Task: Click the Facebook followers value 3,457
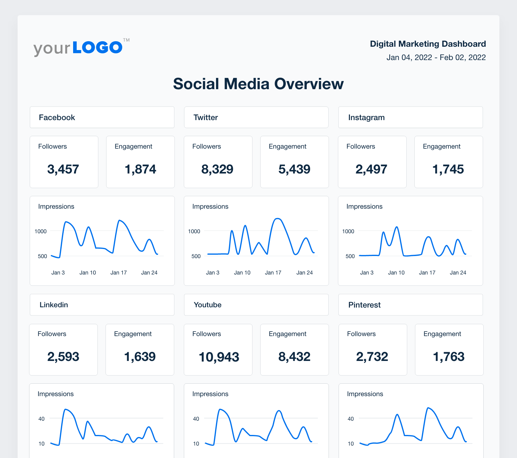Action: [x=63, y=169]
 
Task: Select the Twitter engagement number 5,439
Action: [x=294, y=169]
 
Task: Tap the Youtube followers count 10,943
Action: [x=219, y=357]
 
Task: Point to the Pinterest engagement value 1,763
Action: [x=448, y=357]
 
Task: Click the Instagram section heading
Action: [x=366, y=117]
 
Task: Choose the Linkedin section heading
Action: [x=54, y=305]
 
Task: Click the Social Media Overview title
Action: [x=258, y=84]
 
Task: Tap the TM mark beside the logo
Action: [x=126, y=40]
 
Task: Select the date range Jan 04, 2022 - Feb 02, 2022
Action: [x=436, y=57]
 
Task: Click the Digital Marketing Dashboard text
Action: [x=428, y=44]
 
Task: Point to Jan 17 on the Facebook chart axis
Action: [x=118, y=273]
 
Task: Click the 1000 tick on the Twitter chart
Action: [x=194, y=231]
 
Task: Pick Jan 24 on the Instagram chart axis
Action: [x=458, y=273]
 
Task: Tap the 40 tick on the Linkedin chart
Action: [x=41, y=419]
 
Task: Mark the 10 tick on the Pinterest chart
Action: [x=350, y=444]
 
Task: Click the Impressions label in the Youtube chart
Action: [x=210, y=394]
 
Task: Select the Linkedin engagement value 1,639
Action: [x=140, y=357]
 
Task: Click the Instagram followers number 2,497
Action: [x=371, y=169]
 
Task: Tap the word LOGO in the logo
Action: [x=97, y=48]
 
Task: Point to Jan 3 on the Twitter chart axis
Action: [x=212, y=273]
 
